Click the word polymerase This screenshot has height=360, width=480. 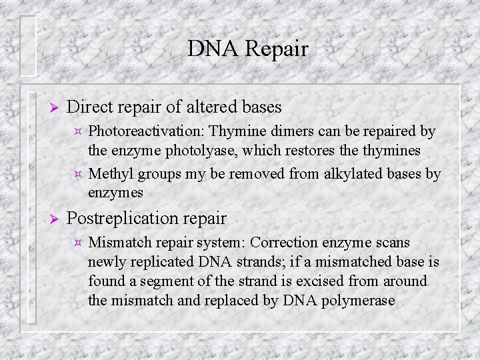[x=361, y=301]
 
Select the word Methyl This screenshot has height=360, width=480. [x=111, y=175]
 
